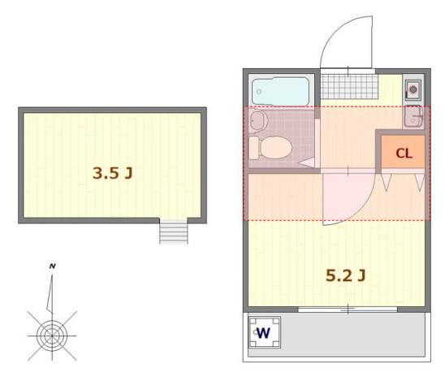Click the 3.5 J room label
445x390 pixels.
(x=113, y=173)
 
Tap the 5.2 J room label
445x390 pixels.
(x=346, y=275)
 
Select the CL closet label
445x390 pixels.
(x=404, y=154)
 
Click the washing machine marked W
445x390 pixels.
(x=265, y=332)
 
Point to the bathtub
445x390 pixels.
(x=280, y=91)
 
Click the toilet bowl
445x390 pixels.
(x=276, y=147)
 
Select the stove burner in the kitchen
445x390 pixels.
(x=413, y=89)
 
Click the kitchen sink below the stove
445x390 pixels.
(x=413, y=116)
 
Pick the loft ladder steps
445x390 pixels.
(x=174, y=232)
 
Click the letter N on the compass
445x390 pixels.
(x=53, y=266)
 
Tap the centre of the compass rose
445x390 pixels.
(x=52, y=336)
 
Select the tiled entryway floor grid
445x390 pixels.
(x=349, y=86)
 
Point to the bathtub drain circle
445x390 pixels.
(x=259, y=92)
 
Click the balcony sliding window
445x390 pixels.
(x=348, y=309)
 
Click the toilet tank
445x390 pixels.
(x=254, y=148)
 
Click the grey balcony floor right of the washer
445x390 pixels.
(x=352, y=334)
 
